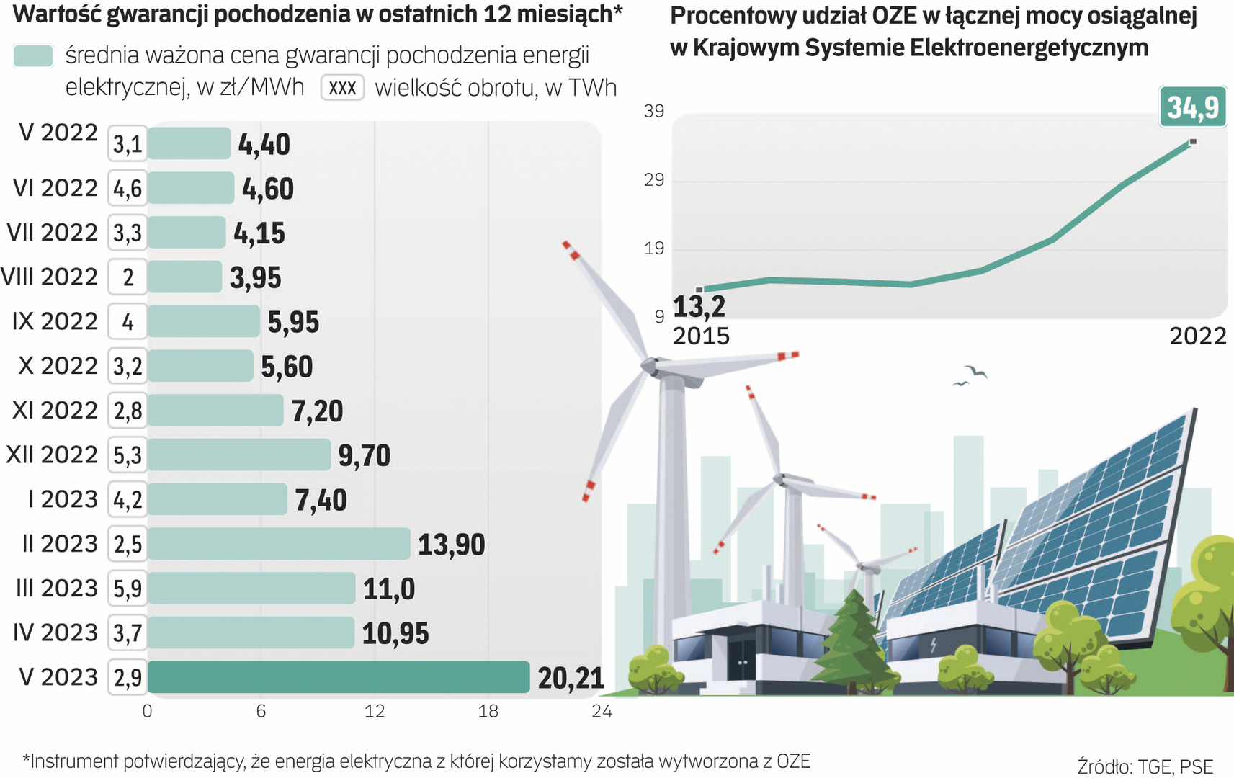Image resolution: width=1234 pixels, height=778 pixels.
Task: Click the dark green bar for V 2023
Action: pyautogui.click(x=339, y=677)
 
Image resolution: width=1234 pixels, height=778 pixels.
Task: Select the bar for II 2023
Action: pyautogui.click(x=279, y=544)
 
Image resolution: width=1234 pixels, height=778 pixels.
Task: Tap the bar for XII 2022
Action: pyautogui.click(x=239, y=455)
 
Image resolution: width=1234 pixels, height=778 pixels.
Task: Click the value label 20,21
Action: pyautogui.click(x=571, y=678)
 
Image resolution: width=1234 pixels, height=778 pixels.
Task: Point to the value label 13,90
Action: pyautogui.click(x=451, y=545)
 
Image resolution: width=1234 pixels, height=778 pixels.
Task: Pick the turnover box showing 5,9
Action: pyautogui.click(x=128, y=589)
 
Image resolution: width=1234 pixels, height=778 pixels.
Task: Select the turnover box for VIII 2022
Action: pyautogui.click(x=128, y=277)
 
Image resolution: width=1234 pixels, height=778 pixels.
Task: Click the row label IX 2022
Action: pyautogui.click(x=55, y=321)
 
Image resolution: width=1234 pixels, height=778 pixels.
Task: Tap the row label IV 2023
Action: pyautogui.click(x=55, y=632)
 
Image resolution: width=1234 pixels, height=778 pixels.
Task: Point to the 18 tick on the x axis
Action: pyautogui.click(x=488, y=712)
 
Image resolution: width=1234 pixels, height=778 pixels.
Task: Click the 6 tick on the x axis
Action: pyautogui.click(x=261, y=712)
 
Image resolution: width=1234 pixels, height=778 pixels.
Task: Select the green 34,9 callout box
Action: pyautogui.click(x=1193, y=107)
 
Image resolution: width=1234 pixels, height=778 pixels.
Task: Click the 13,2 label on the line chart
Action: pyautogui.click(x=699, y=307)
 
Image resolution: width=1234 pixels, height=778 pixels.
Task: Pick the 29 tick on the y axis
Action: pyautogui.click(x=654, y=179)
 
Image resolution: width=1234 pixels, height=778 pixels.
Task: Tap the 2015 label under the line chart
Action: pyautogui.click(x=701, y=336)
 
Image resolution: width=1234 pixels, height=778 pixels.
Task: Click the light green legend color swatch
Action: pyautogui.click(x=33, y=56)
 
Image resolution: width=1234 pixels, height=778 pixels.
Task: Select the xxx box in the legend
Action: pyautogui.click(x=342, y=88)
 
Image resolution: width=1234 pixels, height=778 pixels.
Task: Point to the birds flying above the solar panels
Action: pyautogui.click(x=970, y=375)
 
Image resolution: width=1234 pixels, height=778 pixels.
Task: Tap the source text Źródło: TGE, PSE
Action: pyautogui.click(x=1145, y=766)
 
